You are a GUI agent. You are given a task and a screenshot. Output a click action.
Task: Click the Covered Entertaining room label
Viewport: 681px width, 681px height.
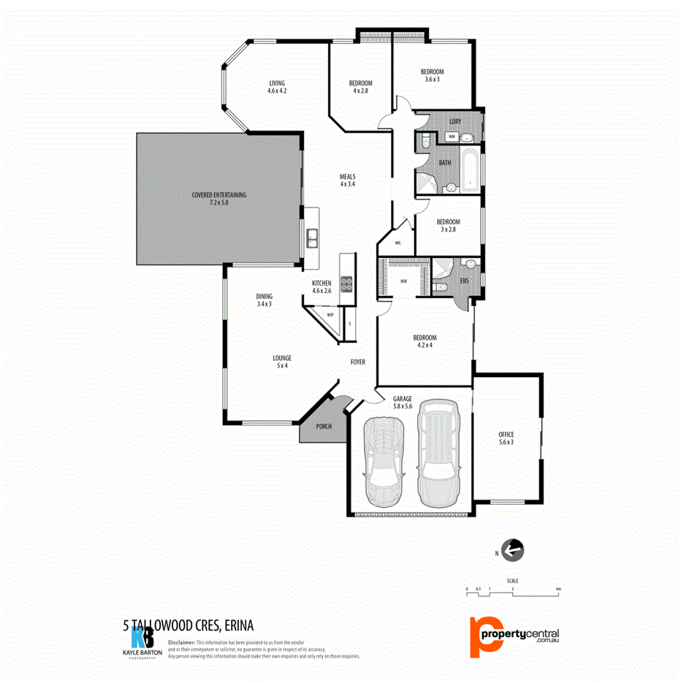[x=219, y=198]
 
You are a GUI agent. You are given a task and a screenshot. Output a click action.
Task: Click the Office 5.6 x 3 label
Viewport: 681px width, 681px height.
[x=506, y=438]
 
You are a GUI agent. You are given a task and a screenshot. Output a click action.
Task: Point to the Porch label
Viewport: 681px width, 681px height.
[x=324, y=426]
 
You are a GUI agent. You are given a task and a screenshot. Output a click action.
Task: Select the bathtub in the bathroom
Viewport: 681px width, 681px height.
[x=471, y=170]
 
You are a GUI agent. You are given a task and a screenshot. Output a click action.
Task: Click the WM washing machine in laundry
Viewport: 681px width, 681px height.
[x=452, y=137]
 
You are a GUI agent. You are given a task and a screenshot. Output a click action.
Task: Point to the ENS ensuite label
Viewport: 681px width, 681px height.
[x=464, y=278]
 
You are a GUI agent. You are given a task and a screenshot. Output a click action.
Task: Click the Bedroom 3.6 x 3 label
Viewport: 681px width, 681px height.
[x=432, y=75]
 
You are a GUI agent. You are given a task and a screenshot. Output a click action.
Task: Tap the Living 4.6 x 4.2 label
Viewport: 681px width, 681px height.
[x=277, y=87]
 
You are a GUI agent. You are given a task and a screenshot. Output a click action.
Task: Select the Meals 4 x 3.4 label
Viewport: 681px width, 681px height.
[x=347, y=180]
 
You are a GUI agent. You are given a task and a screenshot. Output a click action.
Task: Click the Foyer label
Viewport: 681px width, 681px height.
[x=358, y=362]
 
